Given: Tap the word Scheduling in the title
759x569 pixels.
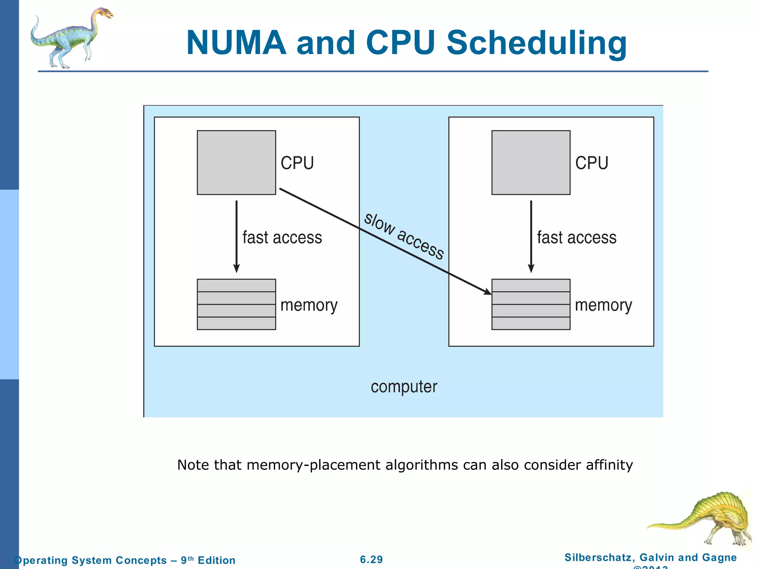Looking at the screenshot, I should tap(536, 44).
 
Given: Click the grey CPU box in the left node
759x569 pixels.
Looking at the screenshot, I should tap(236, 162).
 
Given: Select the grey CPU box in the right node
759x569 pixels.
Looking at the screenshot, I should tap(531, 162).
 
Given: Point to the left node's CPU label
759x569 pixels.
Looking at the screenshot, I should tap(297, 163).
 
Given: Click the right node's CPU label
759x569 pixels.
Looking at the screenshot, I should tap(592, 163).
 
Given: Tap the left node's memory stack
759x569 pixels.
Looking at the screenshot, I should tap(236, 304).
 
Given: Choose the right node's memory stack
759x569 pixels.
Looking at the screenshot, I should tap(531, 304).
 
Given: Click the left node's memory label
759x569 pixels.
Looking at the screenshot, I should tap(309, 306).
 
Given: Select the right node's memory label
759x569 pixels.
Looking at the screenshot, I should tap(603, 306).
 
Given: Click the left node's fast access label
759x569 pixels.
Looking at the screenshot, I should tap(282, 237).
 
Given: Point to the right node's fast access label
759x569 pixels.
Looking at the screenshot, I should tap(577, 237).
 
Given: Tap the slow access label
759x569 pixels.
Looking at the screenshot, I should tap(404, 236).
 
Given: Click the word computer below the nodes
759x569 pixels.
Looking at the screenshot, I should tap(404, 387).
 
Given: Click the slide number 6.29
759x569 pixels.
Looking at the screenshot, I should tap(371, 559).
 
